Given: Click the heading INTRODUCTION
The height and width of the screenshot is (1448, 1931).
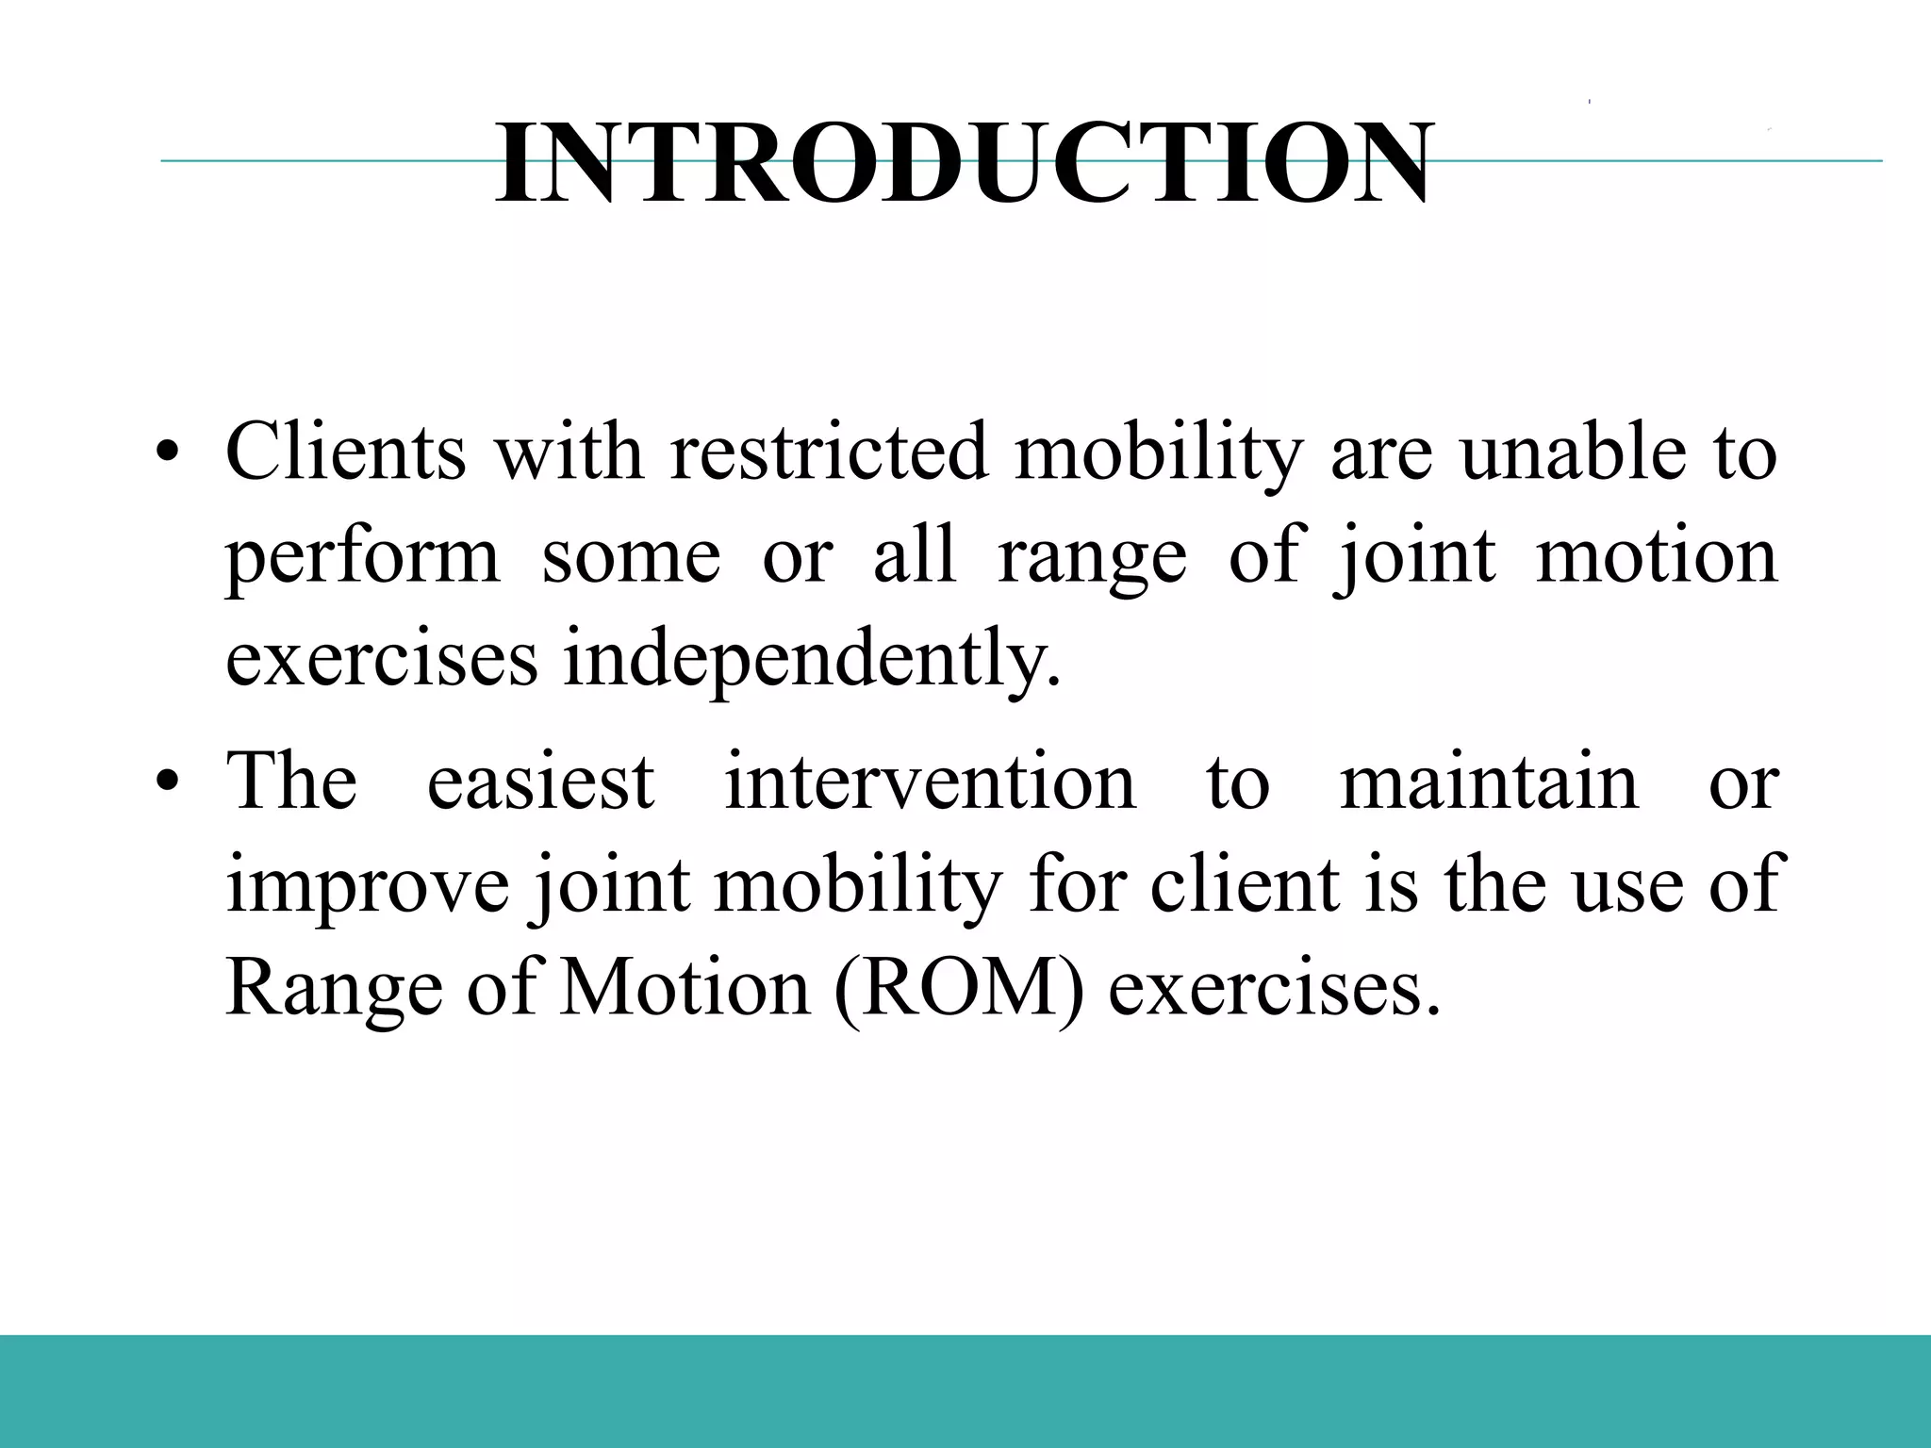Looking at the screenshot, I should [964, 165].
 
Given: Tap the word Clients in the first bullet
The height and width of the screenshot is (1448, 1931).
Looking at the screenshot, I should [345, 452].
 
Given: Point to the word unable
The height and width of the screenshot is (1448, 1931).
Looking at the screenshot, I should [1572, 452].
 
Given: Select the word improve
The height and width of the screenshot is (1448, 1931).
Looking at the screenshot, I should [368, 888].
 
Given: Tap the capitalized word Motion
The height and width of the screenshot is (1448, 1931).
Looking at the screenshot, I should [685, 990].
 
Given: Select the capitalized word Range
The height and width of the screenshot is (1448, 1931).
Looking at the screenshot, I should [335, 992].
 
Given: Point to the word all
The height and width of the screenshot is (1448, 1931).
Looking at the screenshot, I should [915, 556].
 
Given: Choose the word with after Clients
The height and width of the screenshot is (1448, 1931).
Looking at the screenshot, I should [569, 452].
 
